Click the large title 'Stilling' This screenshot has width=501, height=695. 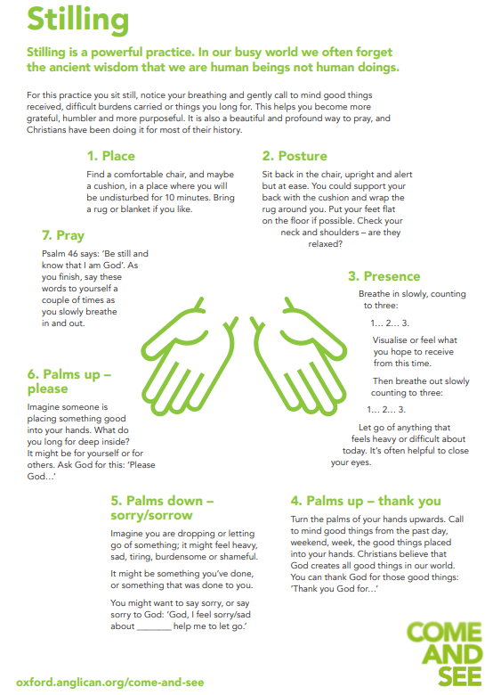click(x=78, y=20)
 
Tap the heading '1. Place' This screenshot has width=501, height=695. click(x=110, y=156)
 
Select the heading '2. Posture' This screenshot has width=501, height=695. click(x=295, y=156)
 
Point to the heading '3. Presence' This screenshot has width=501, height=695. click(x=384, y=276)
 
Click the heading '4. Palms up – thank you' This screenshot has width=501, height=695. click(x=366, y=501)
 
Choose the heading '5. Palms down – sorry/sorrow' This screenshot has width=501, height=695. click(x=162, y=508)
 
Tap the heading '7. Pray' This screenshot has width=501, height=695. click(x=63, y=235)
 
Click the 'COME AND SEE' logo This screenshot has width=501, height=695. click(x=444, y=654)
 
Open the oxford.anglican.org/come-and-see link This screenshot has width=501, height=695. click(x=109, y=683)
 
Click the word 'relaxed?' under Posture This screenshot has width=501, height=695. click(x=326, y=244)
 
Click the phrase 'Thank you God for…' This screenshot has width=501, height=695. click(x=335, y=589)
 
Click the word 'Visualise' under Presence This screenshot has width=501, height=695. click(x=390, y=340)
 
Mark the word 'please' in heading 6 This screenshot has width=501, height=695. click(x=48, y=389)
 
